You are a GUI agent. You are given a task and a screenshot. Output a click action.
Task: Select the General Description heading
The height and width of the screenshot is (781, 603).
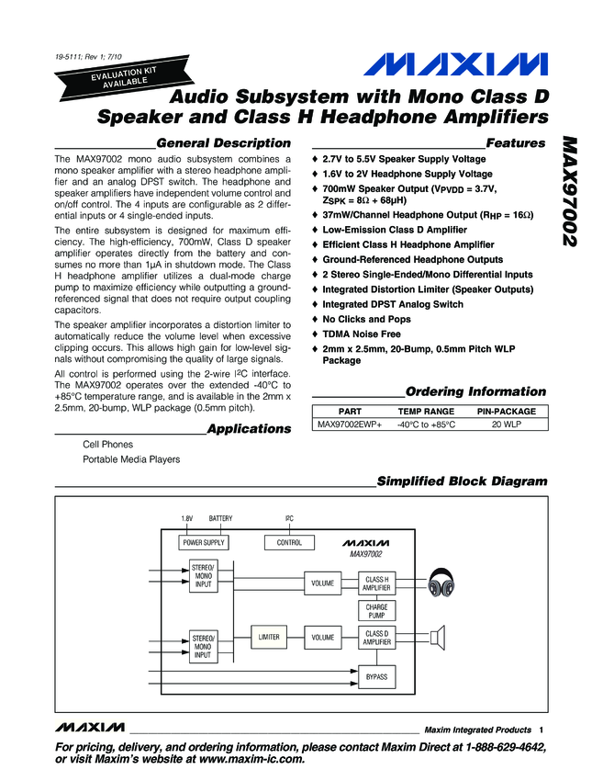(x=224, y=143)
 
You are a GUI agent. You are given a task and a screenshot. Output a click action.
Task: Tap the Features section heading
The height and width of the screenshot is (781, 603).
(x=515, y=143)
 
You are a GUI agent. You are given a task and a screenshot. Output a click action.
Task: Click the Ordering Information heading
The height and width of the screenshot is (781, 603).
(x=475, y=391)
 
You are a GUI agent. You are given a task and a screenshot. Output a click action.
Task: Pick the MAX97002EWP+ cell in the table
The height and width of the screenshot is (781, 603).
(x=350, y=425)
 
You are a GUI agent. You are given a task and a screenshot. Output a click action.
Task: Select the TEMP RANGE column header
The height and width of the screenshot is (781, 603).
(x=425, y=412)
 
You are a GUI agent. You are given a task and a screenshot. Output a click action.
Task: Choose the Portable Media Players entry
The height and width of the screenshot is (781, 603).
(x=131, y=459)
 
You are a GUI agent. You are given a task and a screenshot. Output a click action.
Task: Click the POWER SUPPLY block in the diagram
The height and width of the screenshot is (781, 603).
(x=203, y=543)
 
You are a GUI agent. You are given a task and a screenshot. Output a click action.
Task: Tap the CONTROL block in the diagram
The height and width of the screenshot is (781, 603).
(x=289, y=543)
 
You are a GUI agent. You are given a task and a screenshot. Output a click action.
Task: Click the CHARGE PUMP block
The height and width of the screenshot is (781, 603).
(x=376, y=611)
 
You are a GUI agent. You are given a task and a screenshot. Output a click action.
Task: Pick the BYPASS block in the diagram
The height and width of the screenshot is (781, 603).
(x=376, y=676)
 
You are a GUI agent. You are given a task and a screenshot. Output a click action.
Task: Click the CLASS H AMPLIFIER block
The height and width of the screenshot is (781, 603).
(x=376, y=583)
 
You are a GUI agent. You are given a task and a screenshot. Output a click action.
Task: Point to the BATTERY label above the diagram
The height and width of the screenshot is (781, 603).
(x=221, y=519)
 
